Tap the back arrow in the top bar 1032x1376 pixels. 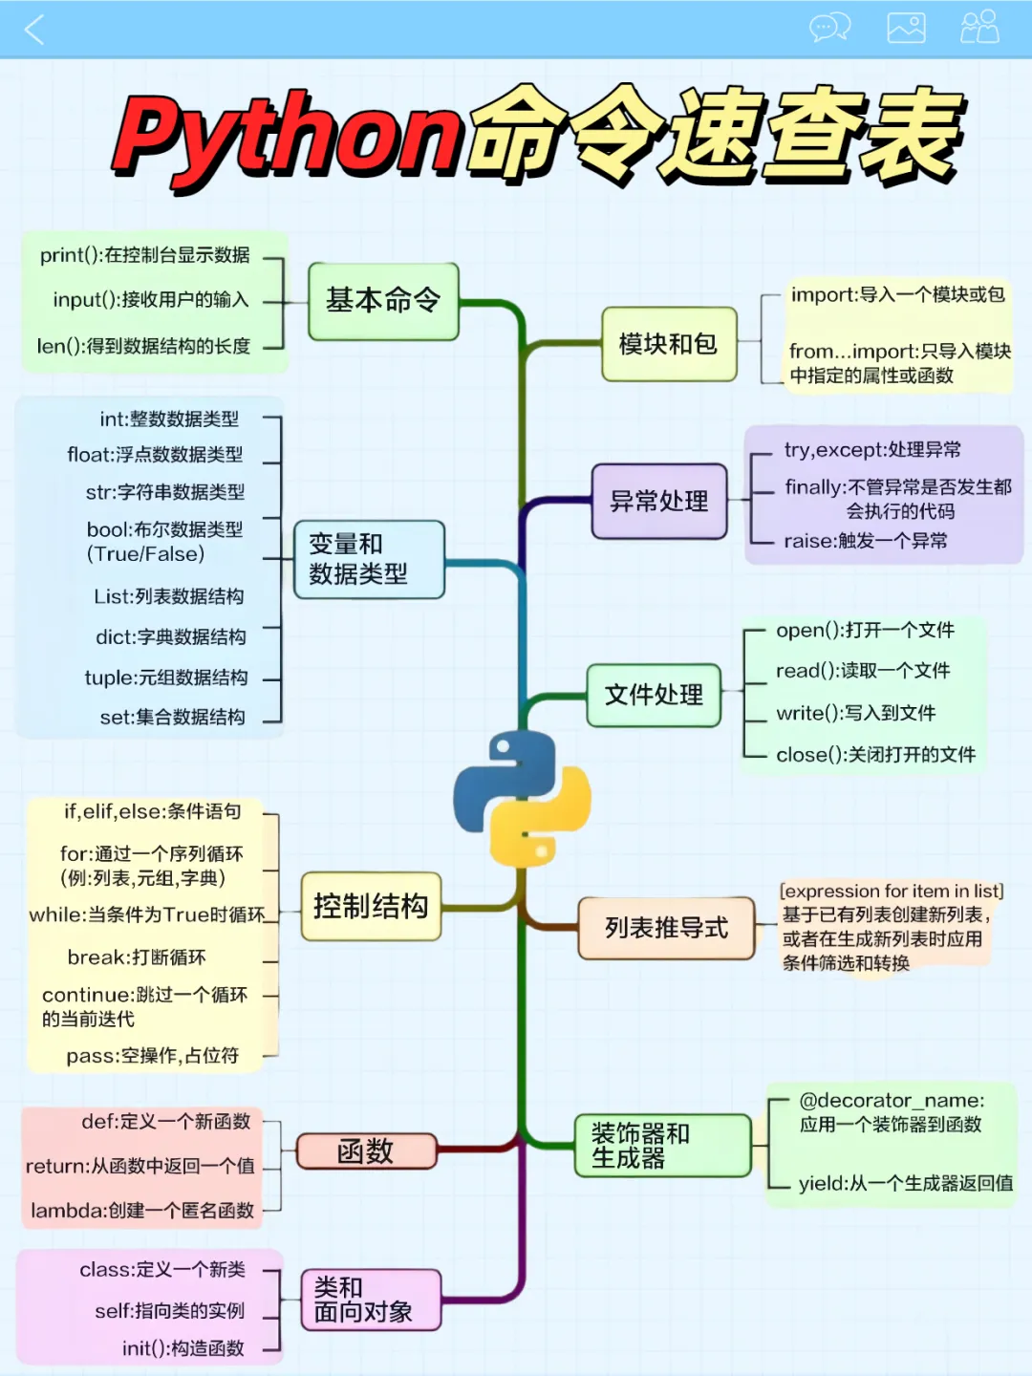point(34,29)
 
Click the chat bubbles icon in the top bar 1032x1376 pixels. point(829,28)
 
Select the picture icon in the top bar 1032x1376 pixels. point(906,28)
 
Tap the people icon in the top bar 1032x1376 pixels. point(979,27)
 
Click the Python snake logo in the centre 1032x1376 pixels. point(522,798)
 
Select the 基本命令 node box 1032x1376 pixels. point(383,301)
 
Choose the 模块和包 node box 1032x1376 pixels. point(669,344)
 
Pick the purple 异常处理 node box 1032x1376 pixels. point(659,501)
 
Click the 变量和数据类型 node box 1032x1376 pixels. point(369,559)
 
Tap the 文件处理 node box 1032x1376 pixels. point(654,695)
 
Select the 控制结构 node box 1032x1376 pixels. point(371,906)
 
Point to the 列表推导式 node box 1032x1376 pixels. point(666,928)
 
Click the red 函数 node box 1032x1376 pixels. point(366,1151)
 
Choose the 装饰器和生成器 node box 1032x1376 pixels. point(661,1146)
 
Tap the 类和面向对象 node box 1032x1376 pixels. point(371,1300)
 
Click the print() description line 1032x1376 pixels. point(145,255)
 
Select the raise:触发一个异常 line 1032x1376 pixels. point(866,541)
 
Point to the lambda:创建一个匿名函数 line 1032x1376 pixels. point(142,1211)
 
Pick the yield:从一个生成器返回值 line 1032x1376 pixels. point(905,1183)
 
